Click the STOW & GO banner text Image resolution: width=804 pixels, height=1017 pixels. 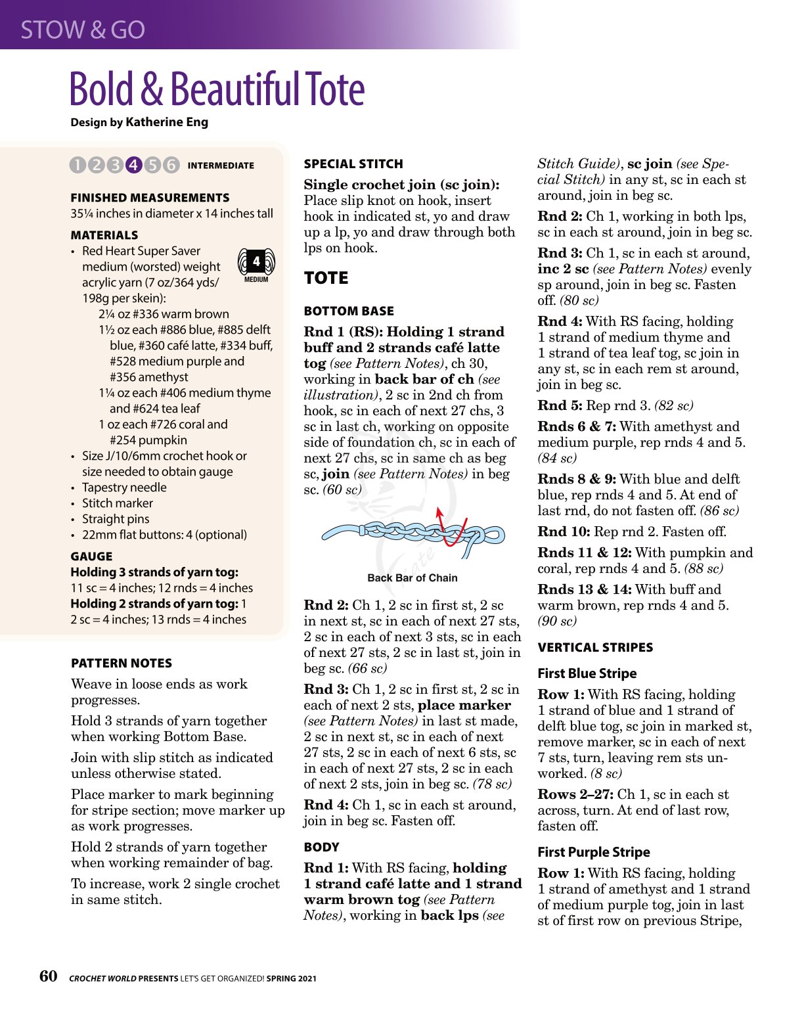(83, 30)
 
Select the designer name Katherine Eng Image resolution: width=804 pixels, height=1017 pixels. (167, 122)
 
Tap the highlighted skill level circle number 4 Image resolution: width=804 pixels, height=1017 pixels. (133, 165)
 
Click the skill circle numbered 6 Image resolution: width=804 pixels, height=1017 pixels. (171, 165)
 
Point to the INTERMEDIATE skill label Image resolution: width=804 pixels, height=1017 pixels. (221, 166)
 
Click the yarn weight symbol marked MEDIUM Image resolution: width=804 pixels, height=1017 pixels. (256, 265)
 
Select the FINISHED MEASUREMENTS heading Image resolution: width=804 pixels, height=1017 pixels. (150, 198)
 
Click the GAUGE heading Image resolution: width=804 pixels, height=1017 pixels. (91, 556)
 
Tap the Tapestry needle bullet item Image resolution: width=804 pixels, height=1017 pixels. (124, 487)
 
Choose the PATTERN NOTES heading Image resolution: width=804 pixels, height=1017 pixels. (122, 664)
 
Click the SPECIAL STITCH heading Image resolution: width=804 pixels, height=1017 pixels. (353, 164)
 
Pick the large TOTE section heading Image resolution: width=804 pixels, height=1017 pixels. (326, 279)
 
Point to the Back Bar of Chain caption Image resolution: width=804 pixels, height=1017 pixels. (413, 578)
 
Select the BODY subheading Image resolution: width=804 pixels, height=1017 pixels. (321, 847)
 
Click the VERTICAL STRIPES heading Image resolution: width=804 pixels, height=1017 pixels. (595, 648)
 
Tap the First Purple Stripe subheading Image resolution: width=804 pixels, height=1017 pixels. (593, 852)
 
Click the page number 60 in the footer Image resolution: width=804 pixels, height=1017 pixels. (48, 976)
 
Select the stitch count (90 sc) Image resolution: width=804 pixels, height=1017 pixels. (557, 621)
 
